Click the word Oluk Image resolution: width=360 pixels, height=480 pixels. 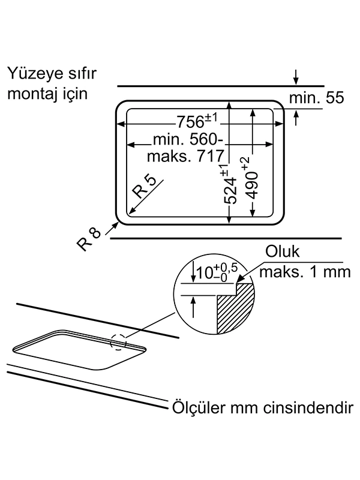click(284, 253)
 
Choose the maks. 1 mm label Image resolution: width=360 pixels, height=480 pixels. click(304, 272)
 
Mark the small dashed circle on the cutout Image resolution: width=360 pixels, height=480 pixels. click(119, 342)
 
